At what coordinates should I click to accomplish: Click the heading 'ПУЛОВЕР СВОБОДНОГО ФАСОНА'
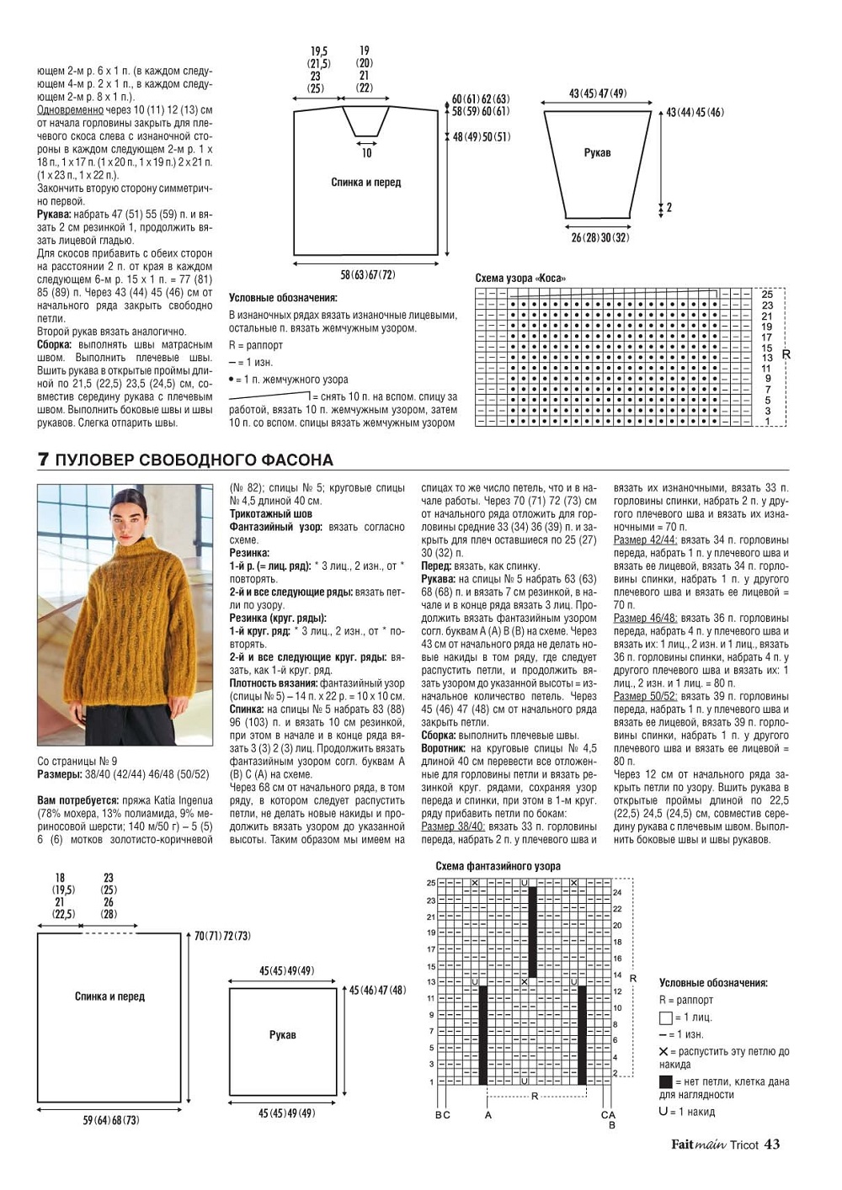194,460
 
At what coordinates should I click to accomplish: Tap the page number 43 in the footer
771,1145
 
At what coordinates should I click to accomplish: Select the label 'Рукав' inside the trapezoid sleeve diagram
597,153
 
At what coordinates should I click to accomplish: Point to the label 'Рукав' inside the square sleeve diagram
282,1034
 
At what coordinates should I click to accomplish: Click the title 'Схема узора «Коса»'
520,279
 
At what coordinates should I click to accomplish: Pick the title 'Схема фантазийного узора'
498,866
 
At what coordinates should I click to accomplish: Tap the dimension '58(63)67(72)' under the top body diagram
367,275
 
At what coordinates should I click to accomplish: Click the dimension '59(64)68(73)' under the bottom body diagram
111,1120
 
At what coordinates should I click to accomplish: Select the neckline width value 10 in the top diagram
366,153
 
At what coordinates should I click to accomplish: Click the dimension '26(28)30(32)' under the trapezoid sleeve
599,238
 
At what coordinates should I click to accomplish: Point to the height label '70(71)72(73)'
222,936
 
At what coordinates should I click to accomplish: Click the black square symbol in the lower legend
665,1082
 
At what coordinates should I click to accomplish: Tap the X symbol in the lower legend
663,1052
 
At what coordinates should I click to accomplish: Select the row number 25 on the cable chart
767,295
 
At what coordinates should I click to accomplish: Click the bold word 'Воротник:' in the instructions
443,748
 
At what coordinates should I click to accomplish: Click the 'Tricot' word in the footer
743,1145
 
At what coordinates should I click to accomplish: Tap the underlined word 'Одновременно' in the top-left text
70,110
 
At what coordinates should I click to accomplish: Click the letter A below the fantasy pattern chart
488,1115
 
